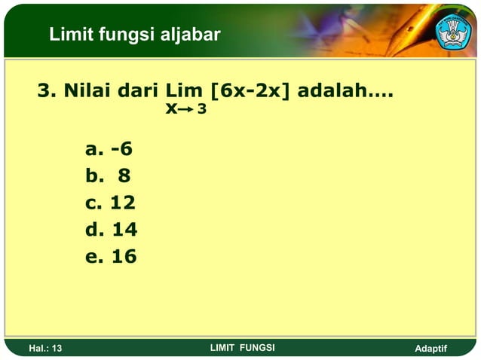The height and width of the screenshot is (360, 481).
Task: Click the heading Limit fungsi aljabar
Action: coord(134,34)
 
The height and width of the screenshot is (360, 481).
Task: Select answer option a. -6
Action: coord(109,148)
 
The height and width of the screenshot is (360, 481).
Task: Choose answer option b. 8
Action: coord(109,175)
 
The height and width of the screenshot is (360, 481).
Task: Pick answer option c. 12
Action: coord(111,203)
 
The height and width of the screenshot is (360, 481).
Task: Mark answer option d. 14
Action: coord(112,229)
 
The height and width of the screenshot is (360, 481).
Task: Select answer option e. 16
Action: coord(112,256)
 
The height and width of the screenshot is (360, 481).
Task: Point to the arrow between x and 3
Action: coord(186,110)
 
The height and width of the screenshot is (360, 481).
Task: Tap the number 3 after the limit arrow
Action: coord(202,110)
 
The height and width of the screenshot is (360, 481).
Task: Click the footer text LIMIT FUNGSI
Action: coord(242,347)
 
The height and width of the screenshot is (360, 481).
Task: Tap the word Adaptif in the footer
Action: coord(431,348)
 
